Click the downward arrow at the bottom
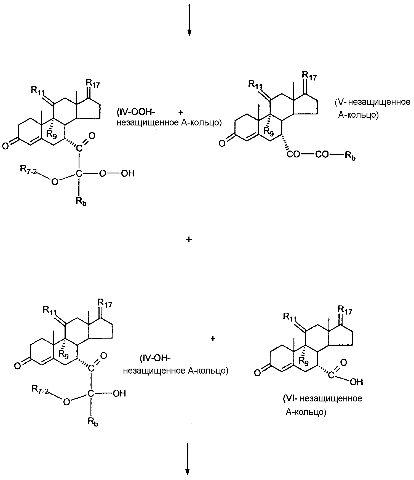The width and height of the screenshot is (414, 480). (x=188, y=459)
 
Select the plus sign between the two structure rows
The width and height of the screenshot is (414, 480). (x=189, y=240)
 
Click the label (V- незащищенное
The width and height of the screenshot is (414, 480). (x=373, y=102)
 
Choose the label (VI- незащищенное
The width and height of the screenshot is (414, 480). (x=322, y=399)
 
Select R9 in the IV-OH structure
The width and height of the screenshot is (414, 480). (x=64, y=354)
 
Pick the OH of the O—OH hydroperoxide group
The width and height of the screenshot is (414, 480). (x=128, y=174)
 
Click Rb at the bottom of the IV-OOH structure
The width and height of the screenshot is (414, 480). (x=81, y=202)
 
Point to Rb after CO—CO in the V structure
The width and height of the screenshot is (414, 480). (x=350, y=156)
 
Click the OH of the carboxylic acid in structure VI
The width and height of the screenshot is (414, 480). (x=356, y=382)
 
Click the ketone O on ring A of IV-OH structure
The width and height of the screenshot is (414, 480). (x=17, y=366)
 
